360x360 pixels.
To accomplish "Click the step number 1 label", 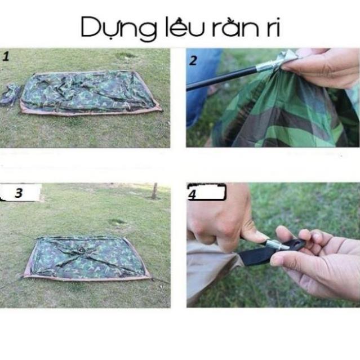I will pyautogui.click(x=6, y=56).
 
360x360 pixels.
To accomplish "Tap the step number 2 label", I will pyautogui.click(x=193, y=61).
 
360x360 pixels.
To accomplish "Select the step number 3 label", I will pyautogui.click(x=19, y=193).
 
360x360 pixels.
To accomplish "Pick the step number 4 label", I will pyautogui.click(x=192, y=194).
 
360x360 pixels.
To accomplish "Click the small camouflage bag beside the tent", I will pyautogui.click(x=10, y=94).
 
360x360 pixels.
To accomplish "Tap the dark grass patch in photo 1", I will pyautogui.click(x=126, y=56).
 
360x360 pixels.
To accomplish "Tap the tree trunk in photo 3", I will pyautogui.click(x=154, y=191).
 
